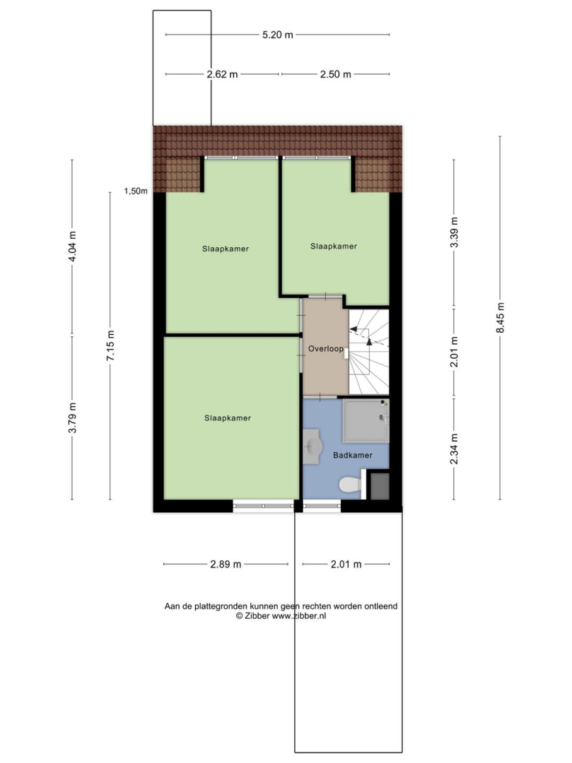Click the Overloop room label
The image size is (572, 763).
(x=326, y=348)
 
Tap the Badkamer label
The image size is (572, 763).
(x=352, y=455)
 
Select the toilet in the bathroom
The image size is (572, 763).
(x=350, y=484)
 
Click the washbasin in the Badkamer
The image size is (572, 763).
(x=312, y=445)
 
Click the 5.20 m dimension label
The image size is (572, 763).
(x=277, y=35)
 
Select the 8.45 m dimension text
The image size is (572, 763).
(x=500, y=318)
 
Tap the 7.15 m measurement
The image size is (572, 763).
(x=110, y=345)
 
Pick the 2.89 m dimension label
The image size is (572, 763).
(x=226, y=564)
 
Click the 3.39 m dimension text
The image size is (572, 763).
(x=454, y=232)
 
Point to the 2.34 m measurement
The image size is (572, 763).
(x=454, y=448)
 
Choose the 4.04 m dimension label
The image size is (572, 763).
(x=72, y=246)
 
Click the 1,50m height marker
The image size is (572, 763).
(x=135, y=191)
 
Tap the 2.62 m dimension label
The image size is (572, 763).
(x=222, y=74)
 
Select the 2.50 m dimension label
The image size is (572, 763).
(x=335, y=74)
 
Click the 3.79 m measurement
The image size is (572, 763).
(x=72, y=418)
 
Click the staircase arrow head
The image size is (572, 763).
(x=370, y=341)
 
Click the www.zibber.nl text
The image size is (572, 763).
(x=299, y=615)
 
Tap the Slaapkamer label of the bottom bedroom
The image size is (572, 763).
(x=228, y=418)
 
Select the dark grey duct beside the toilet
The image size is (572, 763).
(x=379, y=485)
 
